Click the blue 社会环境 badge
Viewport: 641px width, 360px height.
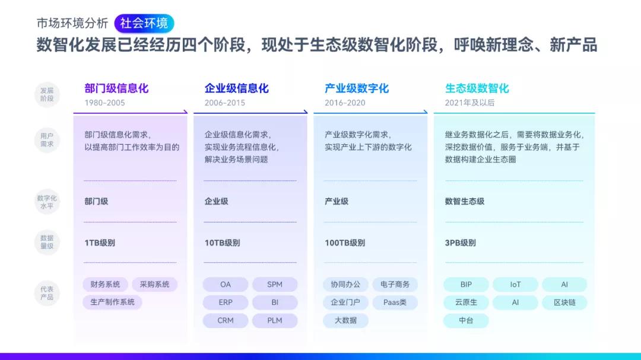[x=144, y=23]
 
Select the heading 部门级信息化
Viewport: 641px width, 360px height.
[x=116, y=88]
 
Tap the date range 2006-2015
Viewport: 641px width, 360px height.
[x=225, y=103]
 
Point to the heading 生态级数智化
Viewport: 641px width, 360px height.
[x=477, y=88]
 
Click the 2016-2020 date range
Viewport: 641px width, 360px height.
[x=345, y=103]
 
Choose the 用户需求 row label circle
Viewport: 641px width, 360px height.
[x=47, y=140]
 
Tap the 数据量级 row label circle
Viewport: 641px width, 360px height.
[x=47, y=243]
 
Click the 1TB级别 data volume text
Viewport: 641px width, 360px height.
[x=100, y=243]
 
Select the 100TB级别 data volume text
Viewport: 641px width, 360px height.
[x=345, y=243]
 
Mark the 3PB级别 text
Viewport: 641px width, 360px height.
[x=461, y=243]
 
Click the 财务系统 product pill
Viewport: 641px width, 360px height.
[x=105, y=285]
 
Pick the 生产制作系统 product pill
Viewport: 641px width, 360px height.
[x=112, y=302]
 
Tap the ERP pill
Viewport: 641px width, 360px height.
[x=226, y=302]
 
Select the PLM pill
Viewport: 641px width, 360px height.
[x=275, y=320]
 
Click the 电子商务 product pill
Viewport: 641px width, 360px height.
[x=395, y=285]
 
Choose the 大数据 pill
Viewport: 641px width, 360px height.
[x=345, y=320]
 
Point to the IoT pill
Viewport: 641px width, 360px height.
[x=515, y=285]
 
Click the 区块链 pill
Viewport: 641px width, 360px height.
[x=564, y=302]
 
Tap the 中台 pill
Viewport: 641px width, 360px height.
[x=466, y=320]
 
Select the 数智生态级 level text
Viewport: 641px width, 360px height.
[x=465, y=201]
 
